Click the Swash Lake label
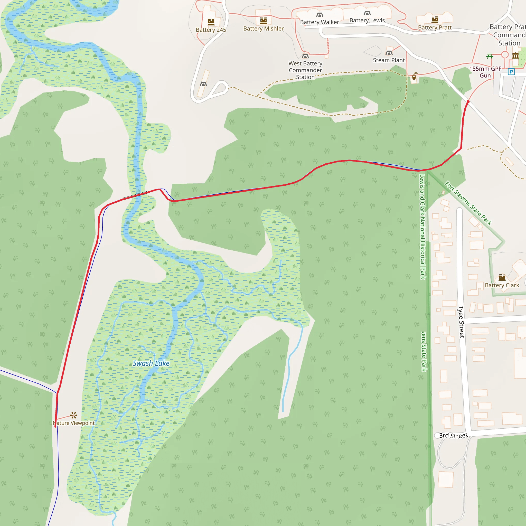pos(151,363)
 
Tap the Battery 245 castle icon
pos(211,22)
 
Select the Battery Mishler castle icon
pos(263,21)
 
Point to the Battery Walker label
pos(319,22)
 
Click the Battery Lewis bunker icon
pos(367,13)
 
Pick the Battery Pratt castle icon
pos(435,19)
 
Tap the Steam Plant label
pos(389,60)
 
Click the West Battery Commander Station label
pos(305,70)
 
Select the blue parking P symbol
pos(511,72)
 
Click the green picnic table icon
pos(490,56)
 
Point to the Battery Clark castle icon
pos(502,277)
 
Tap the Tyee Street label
pos(461,322)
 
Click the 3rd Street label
pos(453,435)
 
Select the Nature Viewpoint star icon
pos(73,415)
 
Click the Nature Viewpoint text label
pos(74,423)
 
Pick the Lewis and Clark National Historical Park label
pos(422,227)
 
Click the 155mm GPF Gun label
pos(485,72)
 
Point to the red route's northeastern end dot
pos(468,102)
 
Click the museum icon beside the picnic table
pos(515,56)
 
